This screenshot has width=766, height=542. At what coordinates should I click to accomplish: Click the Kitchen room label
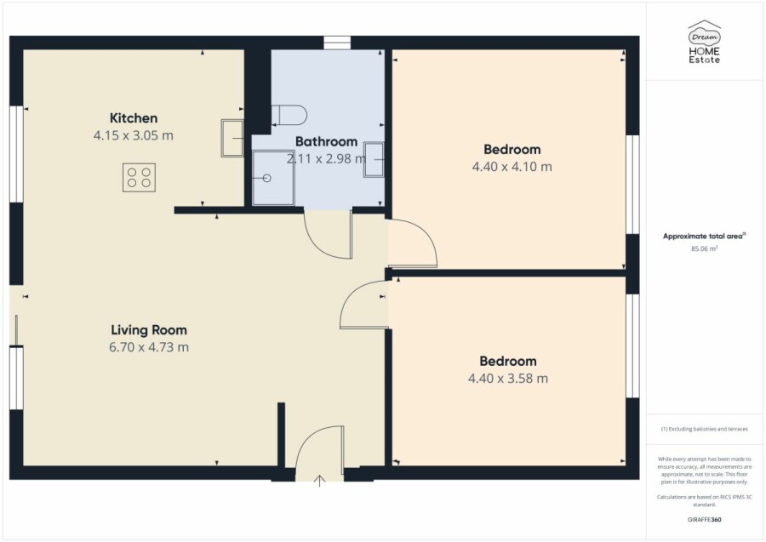click(134, 118)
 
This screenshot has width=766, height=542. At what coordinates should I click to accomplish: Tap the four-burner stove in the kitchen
click(139, 177)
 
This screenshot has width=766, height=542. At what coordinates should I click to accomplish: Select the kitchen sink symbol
click(232, 138)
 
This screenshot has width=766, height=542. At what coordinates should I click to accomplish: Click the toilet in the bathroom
click(289, 115)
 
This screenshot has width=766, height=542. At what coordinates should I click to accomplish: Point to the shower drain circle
click(266, 178)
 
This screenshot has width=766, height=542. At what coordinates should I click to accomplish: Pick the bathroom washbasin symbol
click(374, 159)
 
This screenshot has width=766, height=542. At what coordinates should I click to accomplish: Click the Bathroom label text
click(326, 141)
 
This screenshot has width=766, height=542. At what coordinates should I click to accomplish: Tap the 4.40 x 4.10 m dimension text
click(512, 167)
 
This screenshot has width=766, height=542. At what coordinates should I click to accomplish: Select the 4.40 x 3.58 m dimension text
click(508, 379)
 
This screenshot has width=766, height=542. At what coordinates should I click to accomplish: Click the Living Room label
click(149, 330)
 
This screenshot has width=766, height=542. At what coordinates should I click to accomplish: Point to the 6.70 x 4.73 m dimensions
click(149, 347)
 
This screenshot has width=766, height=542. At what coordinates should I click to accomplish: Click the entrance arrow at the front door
click(319, 481)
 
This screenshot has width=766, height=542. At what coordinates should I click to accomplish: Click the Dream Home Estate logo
click(705, 42)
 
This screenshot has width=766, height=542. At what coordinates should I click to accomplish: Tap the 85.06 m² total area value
click(705, 248)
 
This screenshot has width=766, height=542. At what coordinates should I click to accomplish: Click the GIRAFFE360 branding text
click(705, 520)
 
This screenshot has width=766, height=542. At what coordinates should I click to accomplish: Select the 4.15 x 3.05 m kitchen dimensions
click(134, 135)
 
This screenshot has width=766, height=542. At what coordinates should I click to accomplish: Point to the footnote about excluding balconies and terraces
click(705, 429)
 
